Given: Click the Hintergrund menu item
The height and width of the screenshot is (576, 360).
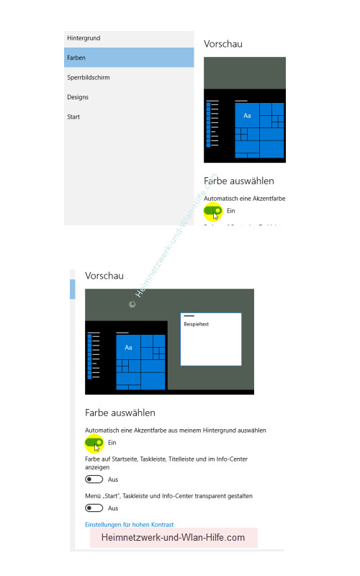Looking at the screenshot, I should pyautogui.click(x=83, y=37).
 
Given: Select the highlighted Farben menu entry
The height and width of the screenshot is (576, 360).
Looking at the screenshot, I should pyautogui.click(x=76, y=57).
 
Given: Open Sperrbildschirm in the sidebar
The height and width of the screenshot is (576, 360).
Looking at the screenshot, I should pyautogui.click(x=89, y=77).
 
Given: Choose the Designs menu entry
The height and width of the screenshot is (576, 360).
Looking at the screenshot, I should pyautogui.click(x=78, y=96).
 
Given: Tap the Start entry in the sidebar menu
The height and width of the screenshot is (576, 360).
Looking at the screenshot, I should pyautogui.click(x=73, y=117).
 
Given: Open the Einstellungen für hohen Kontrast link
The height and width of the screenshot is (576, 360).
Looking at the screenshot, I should pyautogui.click(x=130, y=524).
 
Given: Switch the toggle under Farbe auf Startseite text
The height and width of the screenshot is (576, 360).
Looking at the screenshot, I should pyautogui.click(x=94, y=479).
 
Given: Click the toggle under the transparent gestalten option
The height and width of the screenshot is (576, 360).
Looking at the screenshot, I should pyautogui.click(x=94, y=508).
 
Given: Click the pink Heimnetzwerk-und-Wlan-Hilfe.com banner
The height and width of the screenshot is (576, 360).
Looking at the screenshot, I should pyautogui.click(x=174, y=538).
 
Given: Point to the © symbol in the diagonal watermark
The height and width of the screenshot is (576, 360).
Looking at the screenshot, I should pyautogui.click(x=132, y=305).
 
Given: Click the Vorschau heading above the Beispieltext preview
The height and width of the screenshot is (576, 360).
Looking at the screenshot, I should pyautogui.click(x=104, y=276).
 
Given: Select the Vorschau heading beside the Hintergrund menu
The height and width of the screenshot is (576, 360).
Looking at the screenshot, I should pyautogui.click(x=223, y=44).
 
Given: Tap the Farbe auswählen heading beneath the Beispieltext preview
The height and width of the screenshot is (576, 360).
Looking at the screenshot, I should pyautogui.click(x=120, y=413).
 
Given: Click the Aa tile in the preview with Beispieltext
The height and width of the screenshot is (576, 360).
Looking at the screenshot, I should pyautogui.click(x=128, y=348).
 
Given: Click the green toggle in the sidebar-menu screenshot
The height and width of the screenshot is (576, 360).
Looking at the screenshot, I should pyautogui.click(x=212, y=210).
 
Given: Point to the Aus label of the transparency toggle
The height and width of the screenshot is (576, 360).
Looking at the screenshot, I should pyautogui.click(x=113, y=508).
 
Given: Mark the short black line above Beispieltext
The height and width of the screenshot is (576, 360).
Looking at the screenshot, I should pyautogui.click(x=189, y=316).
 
